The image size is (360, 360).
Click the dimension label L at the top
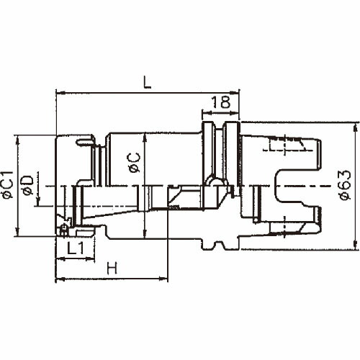[147, 82]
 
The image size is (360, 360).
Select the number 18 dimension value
[221, 102]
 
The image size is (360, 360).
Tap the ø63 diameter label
[345, 185]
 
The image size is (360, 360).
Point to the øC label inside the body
[135, 163]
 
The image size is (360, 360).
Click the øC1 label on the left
[7, 185]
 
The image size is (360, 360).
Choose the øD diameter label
[27, 185]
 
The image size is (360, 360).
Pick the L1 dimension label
[76, 248]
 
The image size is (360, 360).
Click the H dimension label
[112, 268]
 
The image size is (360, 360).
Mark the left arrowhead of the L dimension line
[59, 92]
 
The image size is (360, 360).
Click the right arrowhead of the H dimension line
[163, 279]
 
